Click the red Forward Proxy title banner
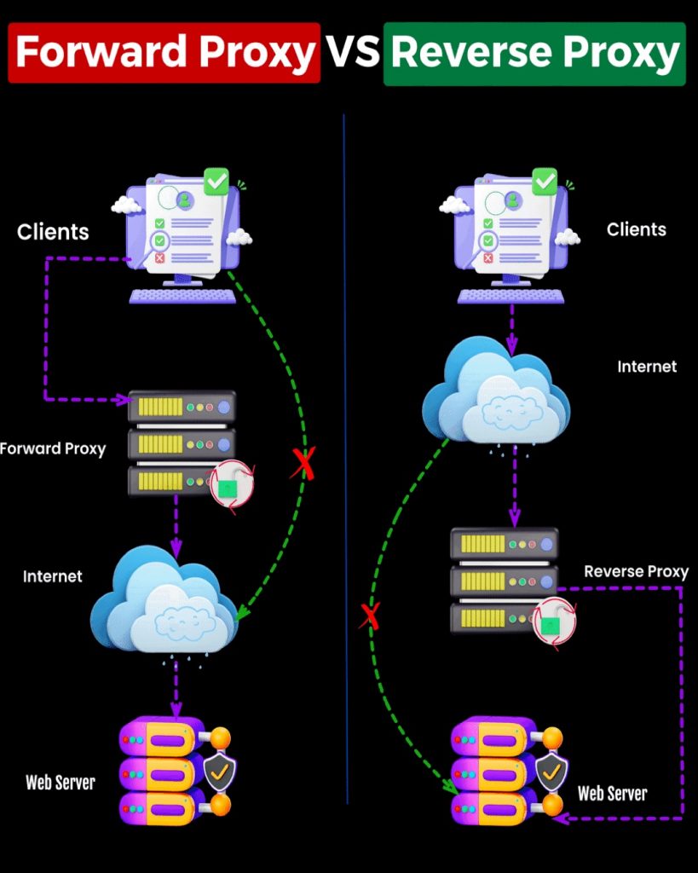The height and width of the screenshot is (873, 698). coord(164,53)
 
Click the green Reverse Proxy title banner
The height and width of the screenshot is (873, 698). coord(534,53)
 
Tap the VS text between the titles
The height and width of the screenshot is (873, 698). coord(351,53)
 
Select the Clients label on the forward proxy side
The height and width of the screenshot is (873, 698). coord(53,231)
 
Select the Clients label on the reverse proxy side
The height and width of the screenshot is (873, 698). coord(636,229)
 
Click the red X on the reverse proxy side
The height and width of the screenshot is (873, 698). coord(369,615)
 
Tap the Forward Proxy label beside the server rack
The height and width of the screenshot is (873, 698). coord(53,448)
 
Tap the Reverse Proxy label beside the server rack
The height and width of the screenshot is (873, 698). coord(636,571)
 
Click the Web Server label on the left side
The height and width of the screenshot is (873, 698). coord(60,782)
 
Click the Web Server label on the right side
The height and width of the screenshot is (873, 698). coord(612,794)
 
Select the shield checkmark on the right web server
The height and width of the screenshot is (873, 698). coord(551,772)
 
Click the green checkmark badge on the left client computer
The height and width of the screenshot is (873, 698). coord(216,180)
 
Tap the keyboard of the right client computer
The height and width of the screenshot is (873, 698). coord(511,296)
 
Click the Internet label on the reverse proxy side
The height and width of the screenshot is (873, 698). coord(647,367)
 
